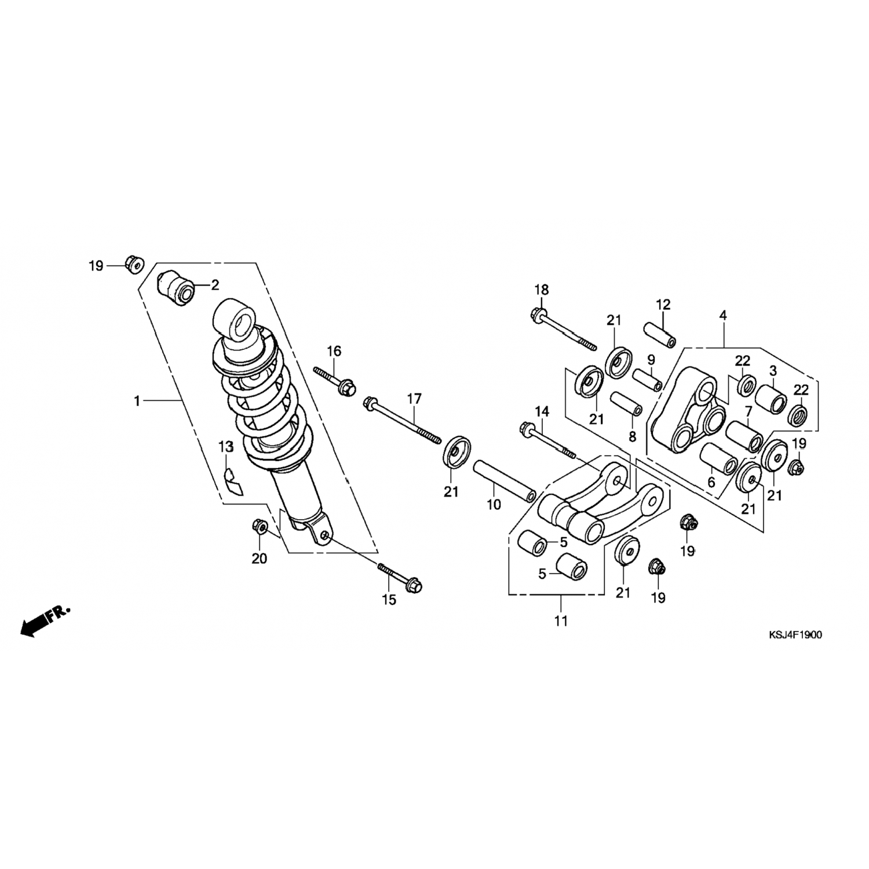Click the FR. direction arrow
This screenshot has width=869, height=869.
[43, 620]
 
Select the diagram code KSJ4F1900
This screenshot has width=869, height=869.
[794, 634]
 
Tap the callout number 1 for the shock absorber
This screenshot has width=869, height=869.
[137, 400]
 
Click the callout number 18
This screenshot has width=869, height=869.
[542, 290]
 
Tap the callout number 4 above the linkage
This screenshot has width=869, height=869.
[722, 316]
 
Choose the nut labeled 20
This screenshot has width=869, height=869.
[259, 526]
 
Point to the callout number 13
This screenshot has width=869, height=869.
[225, 447]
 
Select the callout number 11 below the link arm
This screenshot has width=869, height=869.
[560, 621]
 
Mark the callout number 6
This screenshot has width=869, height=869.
[711, 483]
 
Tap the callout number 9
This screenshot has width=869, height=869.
[651, 359]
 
